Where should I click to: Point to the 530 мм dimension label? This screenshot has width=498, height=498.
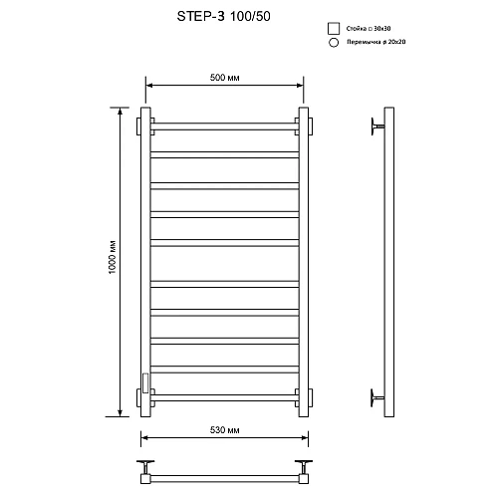coord(224,431)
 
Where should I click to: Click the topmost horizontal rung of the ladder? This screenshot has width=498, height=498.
coord(225,125)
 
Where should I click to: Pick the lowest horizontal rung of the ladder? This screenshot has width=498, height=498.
coord(225,394)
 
